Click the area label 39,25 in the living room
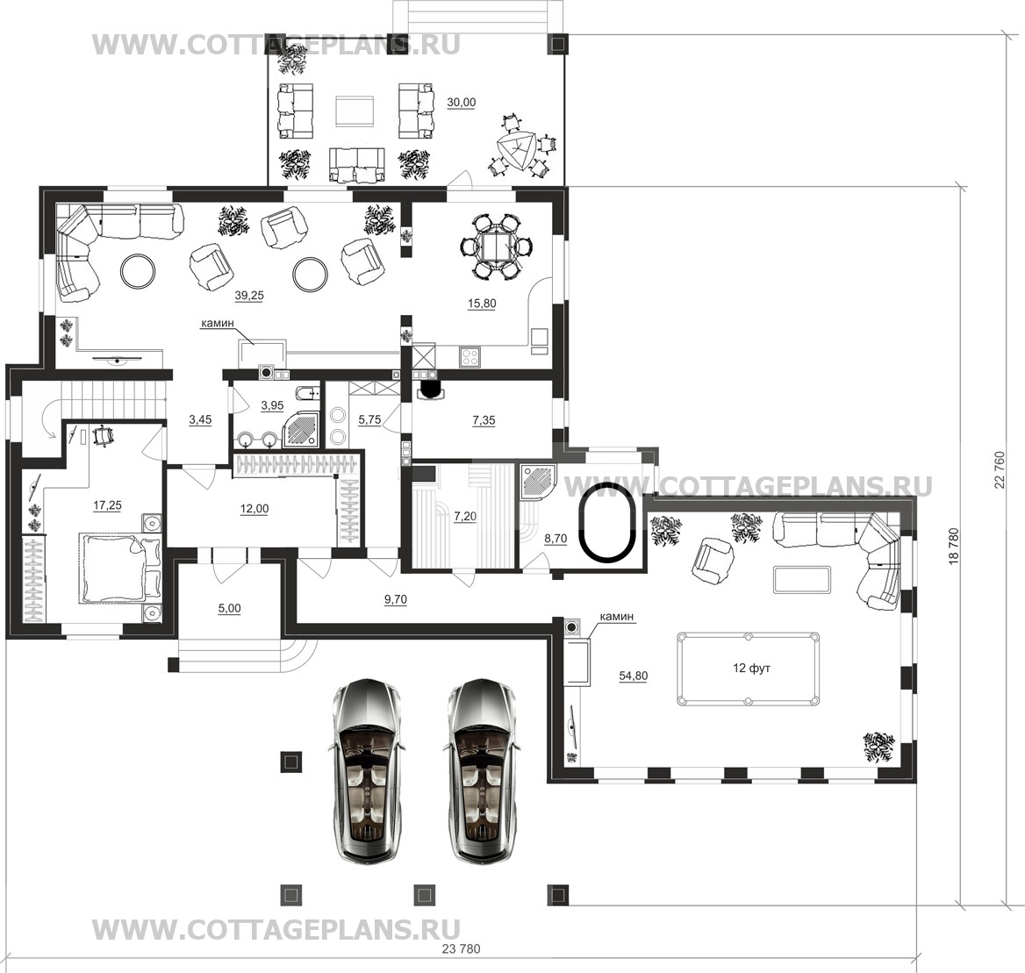coord(249,296)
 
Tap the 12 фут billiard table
coord(748,669)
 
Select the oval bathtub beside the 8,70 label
coord(608,521)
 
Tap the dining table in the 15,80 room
coord(497,247)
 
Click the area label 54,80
coord(633,676)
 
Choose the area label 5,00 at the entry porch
coord(229,608)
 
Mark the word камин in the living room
coord(217,323)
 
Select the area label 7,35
coord(484,421)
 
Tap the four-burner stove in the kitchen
coord(470,356)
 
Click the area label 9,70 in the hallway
coord(396,599)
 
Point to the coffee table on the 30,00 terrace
coord(355,111)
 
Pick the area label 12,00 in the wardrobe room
coord(254,509)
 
